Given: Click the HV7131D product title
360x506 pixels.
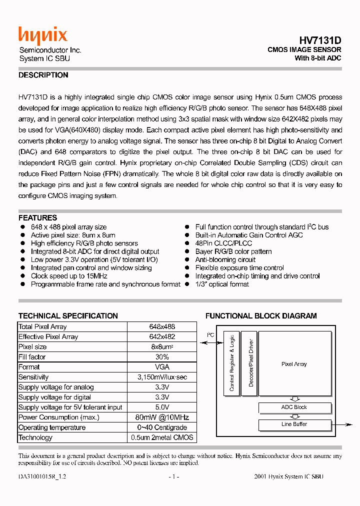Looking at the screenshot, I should tap(320, 40).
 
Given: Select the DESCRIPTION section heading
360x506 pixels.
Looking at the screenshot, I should tap(43, 75).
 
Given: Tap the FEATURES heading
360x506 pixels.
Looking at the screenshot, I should tap(38, 218).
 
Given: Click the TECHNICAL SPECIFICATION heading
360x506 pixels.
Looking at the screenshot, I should tap(68, 316).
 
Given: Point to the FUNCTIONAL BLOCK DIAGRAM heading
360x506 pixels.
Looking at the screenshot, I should tap(261, 316).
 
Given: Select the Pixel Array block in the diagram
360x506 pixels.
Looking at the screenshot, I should tap(294, 364).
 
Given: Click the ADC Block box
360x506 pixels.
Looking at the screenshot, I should tap(294, 407).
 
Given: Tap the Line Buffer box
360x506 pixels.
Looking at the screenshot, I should tap(294, 424).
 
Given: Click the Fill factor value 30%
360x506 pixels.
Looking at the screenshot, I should tap(162, 357).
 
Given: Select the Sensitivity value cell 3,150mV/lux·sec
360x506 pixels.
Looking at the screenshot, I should tap(162, 377).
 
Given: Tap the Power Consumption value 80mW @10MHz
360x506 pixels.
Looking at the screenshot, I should tap(162, 417).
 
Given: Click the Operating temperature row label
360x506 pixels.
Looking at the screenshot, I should tap(52, 427).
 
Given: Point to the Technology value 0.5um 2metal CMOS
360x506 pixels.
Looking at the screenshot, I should tap(162, 437).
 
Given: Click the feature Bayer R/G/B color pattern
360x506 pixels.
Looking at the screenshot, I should tap(233, 251).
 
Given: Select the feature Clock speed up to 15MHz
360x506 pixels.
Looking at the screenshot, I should tap(69, 276).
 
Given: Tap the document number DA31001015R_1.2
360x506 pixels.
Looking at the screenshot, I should tap(42, 476).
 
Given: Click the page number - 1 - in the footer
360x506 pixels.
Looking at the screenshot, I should tap(174, 476).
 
